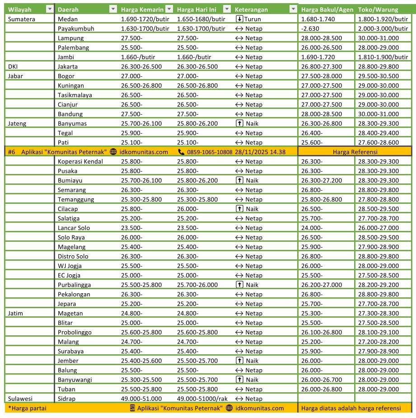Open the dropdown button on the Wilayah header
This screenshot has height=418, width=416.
click(50, 9)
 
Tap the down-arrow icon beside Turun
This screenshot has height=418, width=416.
click(239, 19)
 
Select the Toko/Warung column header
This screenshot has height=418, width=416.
click(378, 9)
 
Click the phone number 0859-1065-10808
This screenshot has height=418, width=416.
click(210, 152)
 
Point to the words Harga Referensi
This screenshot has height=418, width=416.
click(355, 152)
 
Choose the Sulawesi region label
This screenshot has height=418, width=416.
click(20, 399)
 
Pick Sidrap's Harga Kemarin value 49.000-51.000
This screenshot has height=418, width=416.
click(141, 399)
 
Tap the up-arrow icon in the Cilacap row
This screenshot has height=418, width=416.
click(239, 209)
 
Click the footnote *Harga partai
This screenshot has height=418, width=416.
click(27, 408)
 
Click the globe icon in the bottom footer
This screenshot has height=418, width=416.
click(229, 408)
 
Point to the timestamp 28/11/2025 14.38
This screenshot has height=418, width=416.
click(260, 152)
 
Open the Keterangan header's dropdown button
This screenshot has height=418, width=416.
click(293, 9)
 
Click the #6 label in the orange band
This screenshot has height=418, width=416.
click(11, 152)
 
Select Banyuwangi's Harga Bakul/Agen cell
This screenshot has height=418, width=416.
click(322, 380)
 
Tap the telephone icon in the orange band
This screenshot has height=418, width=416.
click(181, 152)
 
